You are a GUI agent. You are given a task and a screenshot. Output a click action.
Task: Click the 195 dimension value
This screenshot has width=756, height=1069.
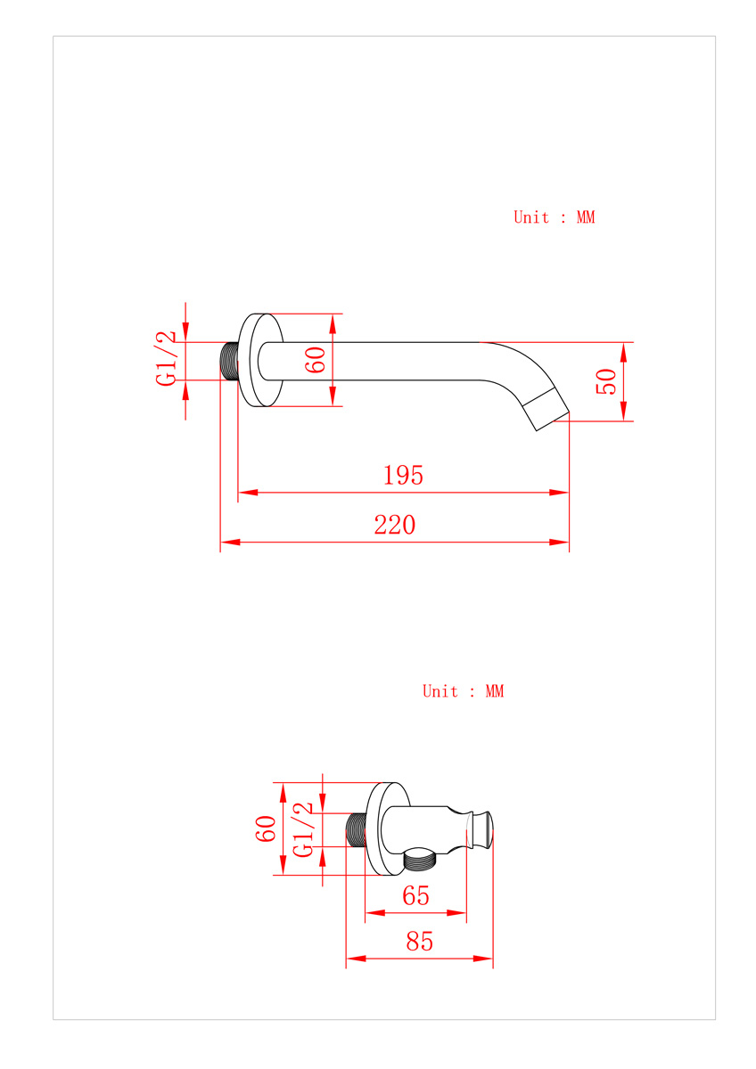pos(403,476)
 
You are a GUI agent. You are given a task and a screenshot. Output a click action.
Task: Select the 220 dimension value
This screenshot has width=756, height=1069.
pos(394,525)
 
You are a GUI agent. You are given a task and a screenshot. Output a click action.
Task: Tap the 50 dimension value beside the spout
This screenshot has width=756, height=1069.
pos(606,381)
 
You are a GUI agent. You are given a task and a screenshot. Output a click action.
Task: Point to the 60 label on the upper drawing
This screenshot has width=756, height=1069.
pos(316,360)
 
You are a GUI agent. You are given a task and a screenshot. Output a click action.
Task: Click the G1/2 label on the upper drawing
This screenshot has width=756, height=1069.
pos(166,358)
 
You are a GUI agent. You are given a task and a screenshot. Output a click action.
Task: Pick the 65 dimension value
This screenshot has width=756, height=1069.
pos(415,896)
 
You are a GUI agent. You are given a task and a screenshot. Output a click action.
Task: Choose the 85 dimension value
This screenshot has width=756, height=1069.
pos(419,942)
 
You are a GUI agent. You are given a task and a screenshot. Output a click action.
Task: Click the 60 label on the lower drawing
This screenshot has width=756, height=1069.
pos(266,829)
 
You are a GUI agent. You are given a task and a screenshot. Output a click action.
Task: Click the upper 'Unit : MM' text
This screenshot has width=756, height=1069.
pos(554,217)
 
